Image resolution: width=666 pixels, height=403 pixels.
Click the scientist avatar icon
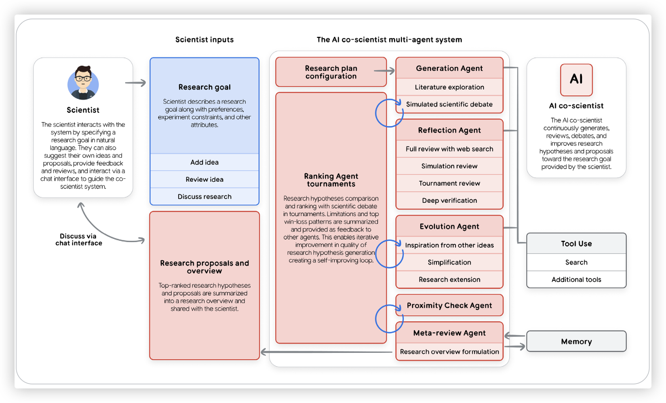tap(83, 83)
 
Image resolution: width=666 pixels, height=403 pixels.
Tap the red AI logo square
tap(576, 80)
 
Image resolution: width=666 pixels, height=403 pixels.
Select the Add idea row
tap(204, 162)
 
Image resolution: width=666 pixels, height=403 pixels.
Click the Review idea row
tap(204, 179)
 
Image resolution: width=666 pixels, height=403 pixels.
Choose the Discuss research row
tap(204, 197)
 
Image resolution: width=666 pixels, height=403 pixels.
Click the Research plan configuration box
tap(331, 72)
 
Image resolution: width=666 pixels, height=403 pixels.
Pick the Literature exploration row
tap(449, 87)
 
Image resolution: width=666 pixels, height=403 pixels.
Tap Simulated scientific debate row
tap(449, 104)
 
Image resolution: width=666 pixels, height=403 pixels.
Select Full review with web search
tap(449, 149)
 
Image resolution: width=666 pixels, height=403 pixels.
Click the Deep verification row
tap(449, 201)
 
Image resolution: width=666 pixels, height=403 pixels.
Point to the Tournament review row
tap(449, 183)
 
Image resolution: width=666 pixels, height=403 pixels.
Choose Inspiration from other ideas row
tap(449, 245)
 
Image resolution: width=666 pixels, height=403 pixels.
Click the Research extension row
tap(449, 280)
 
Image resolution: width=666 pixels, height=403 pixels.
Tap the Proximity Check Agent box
tap(449, 305)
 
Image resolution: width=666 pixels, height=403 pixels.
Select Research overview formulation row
tap(449, 352)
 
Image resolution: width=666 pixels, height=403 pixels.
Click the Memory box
tap(576, 341)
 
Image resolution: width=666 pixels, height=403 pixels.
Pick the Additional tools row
tap(576, 280)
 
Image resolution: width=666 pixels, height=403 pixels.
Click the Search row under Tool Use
tap(576, 262)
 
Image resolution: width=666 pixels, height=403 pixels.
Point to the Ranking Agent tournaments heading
tap(331, 180)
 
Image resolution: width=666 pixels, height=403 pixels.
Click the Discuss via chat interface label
tap(78, 240)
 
